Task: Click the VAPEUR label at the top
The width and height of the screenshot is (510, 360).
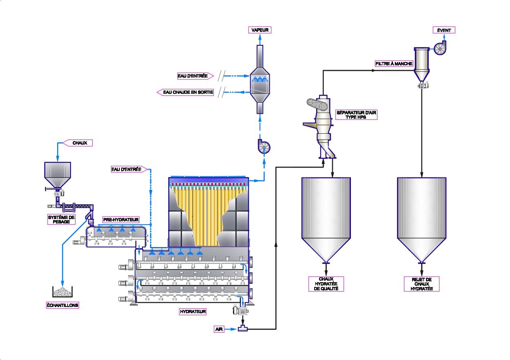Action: [259, 30]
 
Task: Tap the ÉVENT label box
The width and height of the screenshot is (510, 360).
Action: [444, 30]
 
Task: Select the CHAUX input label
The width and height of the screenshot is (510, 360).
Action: [79, 143]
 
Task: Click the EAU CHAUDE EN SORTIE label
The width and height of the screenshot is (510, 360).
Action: [187, 92]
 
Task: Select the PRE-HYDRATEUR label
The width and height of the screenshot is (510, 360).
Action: [121, 219]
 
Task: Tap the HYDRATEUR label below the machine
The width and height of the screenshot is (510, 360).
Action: [193, 311]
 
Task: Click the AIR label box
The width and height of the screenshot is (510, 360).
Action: [220, 329]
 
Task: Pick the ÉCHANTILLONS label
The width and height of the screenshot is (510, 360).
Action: [62, 305]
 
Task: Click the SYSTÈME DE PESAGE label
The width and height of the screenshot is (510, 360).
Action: [61, 220]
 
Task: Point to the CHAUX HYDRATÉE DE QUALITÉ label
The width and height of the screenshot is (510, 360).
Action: [326, 284]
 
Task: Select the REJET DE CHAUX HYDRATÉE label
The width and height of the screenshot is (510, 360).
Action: [421, 284]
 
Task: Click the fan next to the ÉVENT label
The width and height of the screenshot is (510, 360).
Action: [440, 49]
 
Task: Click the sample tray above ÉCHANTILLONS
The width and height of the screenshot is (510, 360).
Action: [62, 292]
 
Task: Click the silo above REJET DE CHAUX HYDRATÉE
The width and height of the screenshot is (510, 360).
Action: [421, 216]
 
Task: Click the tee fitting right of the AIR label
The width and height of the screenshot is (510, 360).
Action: [244, 329]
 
